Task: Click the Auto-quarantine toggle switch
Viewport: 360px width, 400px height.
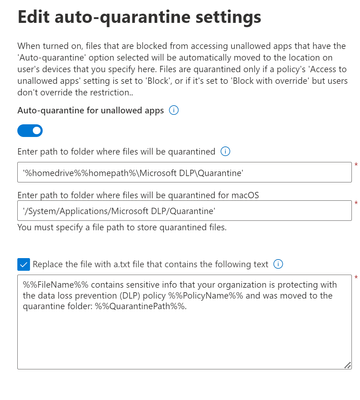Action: [x=31, y=130]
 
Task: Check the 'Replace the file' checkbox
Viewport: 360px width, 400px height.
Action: [x=24, y=264]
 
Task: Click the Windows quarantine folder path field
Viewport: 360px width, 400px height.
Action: [x=185, y=172]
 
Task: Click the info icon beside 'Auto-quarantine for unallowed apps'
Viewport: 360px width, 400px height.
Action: [x=173, y=109]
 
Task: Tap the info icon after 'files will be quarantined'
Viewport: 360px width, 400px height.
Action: [x=224, y=152]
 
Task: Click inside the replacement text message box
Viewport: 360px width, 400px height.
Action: [x=185, y=330]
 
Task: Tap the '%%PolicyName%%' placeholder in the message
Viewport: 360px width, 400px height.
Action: [x=231, y=295]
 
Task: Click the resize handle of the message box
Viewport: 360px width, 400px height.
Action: [x=347, y=366]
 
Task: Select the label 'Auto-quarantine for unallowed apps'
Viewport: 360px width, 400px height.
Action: [x=90, y=109]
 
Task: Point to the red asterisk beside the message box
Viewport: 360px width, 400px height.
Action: [x=355, y=277]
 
